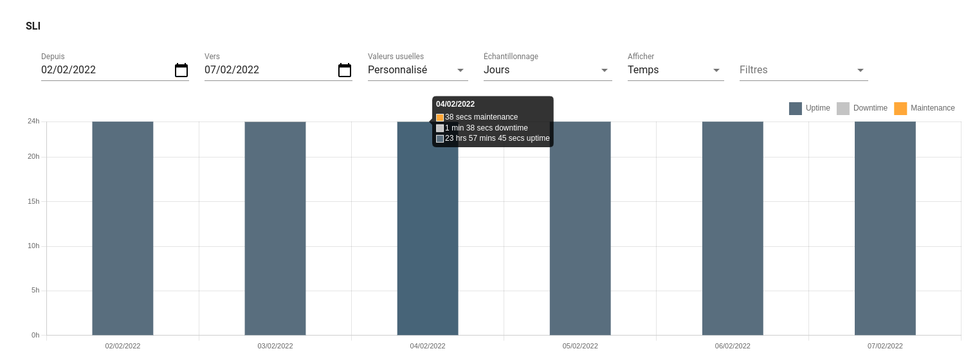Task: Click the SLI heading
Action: (x=33, y=26)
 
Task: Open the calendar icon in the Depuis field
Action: (x=181, y=70)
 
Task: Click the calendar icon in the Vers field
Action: (x=345, y=70)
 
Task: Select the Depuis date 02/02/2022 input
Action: (x=103, y=70)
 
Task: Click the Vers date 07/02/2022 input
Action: (x=266, y=70)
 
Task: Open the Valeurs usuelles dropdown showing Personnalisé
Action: (x=417, y=70)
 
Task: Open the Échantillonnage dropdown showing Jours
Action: (x=547, y=70)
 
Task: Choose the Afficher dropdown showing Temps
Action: (x=675, y=70)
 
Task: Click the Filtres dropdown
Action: (x=803, y=70)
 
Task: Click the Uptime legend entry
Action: (x=810, y=108)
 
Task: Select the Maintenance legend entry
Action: (x=925, y=108)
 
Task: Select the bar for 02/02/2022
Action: (x=123, y=228)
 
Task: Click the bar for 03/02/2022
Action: (x=275, y=228)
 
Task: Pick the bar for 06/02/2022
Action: (x=733, y=228)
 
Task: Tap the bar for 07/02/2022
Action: (x=885, y=228)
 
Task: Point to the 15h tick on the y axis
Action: (x=33, y=201)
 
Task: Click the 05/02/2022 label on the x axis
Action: (x=580, y=346)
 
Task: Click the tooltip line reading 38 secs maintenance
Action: (x=481, y=117)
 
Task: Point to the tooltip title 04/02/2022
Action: (x=455, y=104)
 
